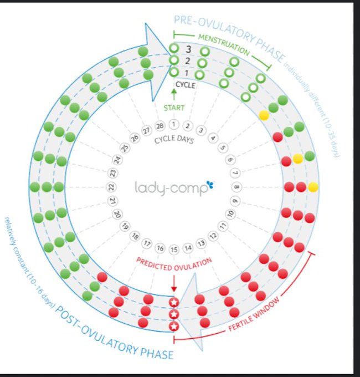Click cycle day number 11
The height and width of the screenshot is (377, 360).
tap(223, 226)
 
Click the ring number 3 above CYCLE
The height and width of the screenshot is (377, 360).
tap(188, 49)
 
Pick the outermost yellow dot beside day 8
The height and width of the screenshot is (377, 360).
tap(313, 187)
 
